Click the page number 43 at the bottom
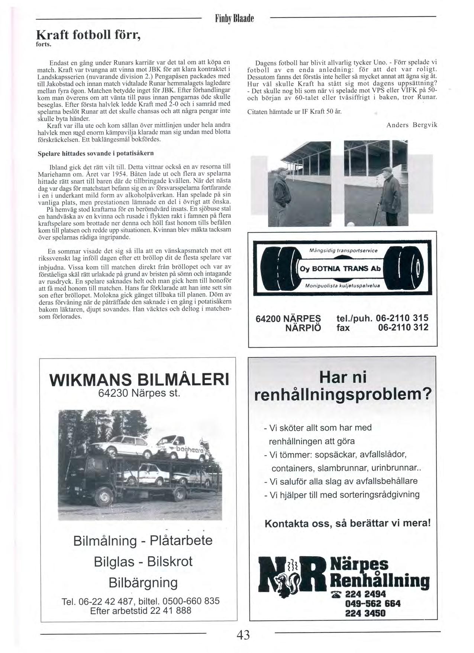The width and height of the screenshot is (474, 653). [x=243, y=634]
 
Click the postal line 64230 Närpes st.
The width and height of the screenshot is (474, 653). [x=139, y=393]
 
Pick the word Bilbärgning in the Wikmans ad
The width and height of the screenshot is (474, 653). [x=143, y=582]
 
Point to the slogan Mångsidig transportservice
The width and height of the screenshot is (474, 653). [x=343, y=251]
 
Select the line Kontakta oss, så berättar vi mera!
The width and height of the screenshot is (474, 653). [x=348, y=523]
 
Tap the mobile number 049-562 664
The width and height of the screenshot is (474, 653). [x=373, y=603]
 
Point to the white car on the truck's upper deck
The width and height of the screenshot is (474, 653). [x=123, y=445]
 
